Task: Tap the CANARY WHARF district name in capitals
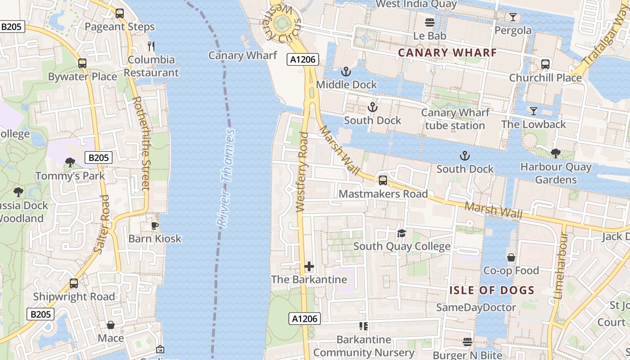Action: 447,53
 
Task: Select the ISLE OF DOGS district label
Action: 492,290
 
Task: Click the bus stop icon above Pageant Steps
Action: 119,13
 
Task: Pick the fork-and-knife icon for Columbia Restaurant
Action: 151,46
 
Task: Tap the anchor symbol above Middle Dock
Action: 346,71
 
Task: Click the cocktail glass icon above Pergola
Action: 513,17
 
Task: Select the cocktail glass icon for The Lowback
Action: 533,111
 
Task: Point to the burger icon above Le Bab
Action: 430,22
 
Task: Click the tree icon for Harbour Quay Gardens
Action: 556,153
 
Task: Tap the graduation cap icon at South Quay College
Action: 401,233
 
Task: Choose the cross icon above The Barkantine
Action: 309,266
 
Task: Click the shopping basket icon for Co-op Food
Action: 511,257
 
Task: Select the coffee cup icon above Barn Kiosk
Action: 155,225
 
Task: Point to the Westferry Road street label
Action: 302,172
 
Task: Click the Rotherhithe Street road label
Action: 140,143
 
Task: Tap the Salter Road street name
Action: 102,224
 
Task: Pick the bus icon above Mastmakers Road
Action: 382,180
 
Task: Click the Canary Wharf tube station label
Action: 455,119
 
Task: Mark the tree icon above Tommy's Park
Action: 70,162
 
